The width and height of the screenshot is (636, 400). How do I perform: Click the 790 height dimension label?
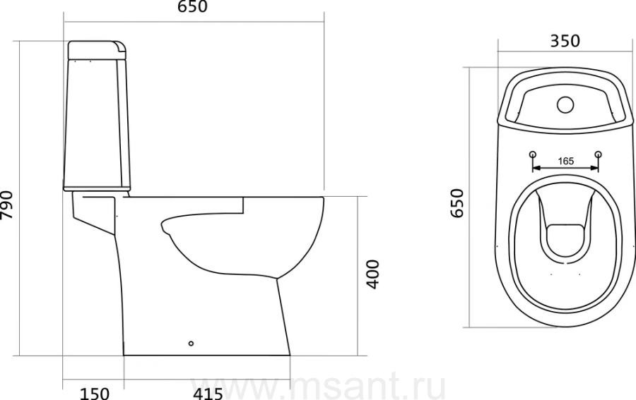[7, 205]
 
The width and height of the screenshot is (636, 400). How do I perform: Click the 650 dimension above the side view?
[193, 6]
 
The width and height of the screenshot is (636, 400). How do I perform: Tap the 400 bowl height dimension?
[372, 274]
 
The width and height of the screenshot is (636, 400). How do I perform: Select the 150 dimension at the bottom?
[94, 393]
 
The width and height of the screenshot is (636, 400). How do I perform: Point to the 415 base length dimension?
[208, 393]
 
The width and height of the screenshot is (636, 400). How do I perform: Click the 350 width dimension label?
[565, 41]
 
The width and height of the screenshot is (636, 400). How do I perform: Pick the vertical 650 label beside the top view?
[457, 203]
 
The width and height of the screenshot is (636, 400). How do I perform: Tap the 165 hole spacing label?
[566, 161]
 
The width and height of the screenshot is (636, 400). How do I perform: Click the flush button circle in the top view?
[565, 105]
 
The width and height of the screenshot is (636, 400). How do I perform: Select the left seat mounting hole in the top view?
[533, 154]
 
